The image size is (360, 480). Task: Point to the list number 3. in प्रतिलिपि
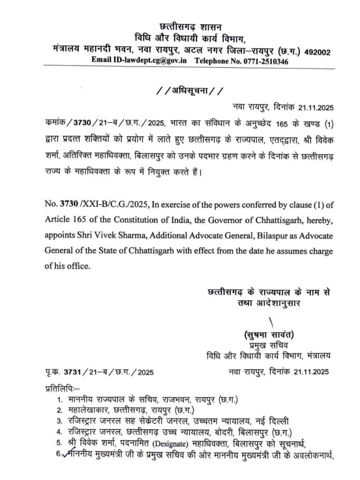tap(60, 420)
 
